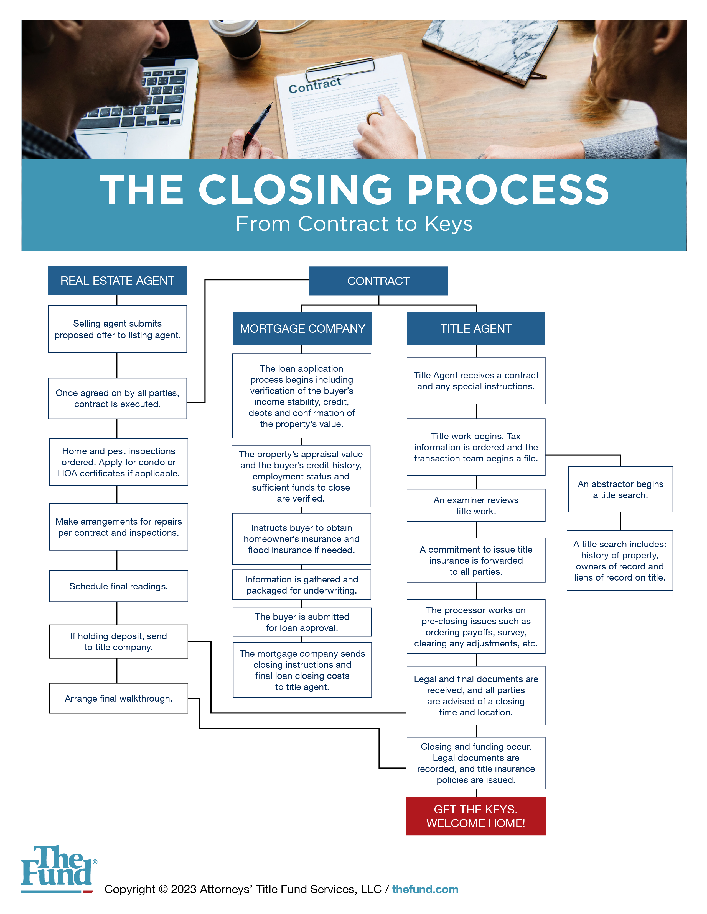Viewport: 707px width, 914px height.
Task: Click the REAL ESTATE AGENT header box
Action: [x=117, y=280]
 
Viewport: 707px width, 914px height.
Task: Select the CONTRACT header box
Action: [x=378, y=281]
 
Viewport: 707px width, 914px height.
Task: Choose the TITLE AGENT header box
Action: [x=476, y=328]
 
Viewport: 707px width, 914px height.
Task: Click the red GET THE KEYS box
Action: [x=476, y=816]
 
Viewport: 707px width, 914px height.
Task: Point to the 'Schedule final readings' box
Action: [x=119, y=586]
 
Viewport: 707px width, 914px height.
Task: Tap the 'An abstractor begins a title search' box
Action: [x=620, y=489]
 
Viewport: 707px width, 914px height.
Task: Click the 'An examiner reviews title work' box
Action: [x=476, y=505]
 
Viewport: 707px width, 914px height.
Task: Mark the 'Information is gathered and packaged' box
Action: [x=302, y=585]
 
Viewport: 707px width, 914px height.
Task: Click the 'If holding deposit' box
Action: [x=119, y=641]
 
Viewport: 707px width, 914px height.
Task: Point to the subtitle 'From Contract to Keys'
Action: [x=354, y=224]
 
